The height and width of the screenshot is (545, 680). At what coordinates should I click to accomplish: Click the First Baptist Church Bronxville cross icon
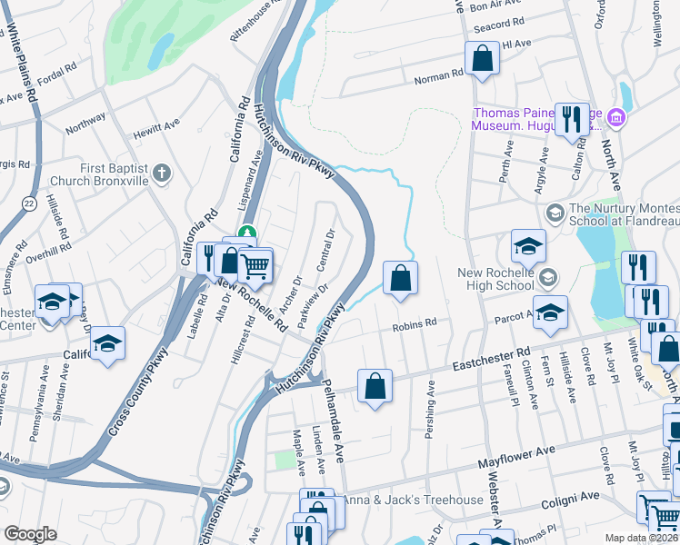click(162, 173)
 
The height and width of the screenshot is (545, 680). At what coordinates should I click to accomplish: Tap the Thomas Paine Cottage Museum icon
click(616, 117)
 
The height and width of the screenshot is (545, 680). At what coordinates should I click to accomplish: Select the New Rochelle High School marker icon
click(546, 275)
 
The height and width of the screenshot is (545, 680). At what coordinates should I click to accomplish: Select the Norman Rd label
click(439, 78)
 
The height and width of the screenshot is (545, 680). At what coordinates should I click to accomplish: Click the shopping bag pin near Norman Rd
click(483, 58)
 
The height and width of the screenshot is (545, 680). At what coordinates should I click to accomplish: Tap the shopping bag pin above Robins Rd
click(399, 278)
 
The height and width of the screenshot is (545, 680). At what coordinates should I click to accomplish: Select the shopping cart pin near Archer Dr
click(256, 265)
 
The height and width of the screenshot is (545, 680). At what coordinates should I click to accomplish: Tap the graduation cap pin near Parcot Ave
click(549, 312)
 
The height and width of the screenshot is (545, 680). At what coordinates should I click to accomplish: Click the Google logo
click(30, 534)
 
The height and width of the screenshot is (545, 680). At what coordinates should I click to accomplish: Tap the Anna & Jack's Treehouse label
click(413, 500)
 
